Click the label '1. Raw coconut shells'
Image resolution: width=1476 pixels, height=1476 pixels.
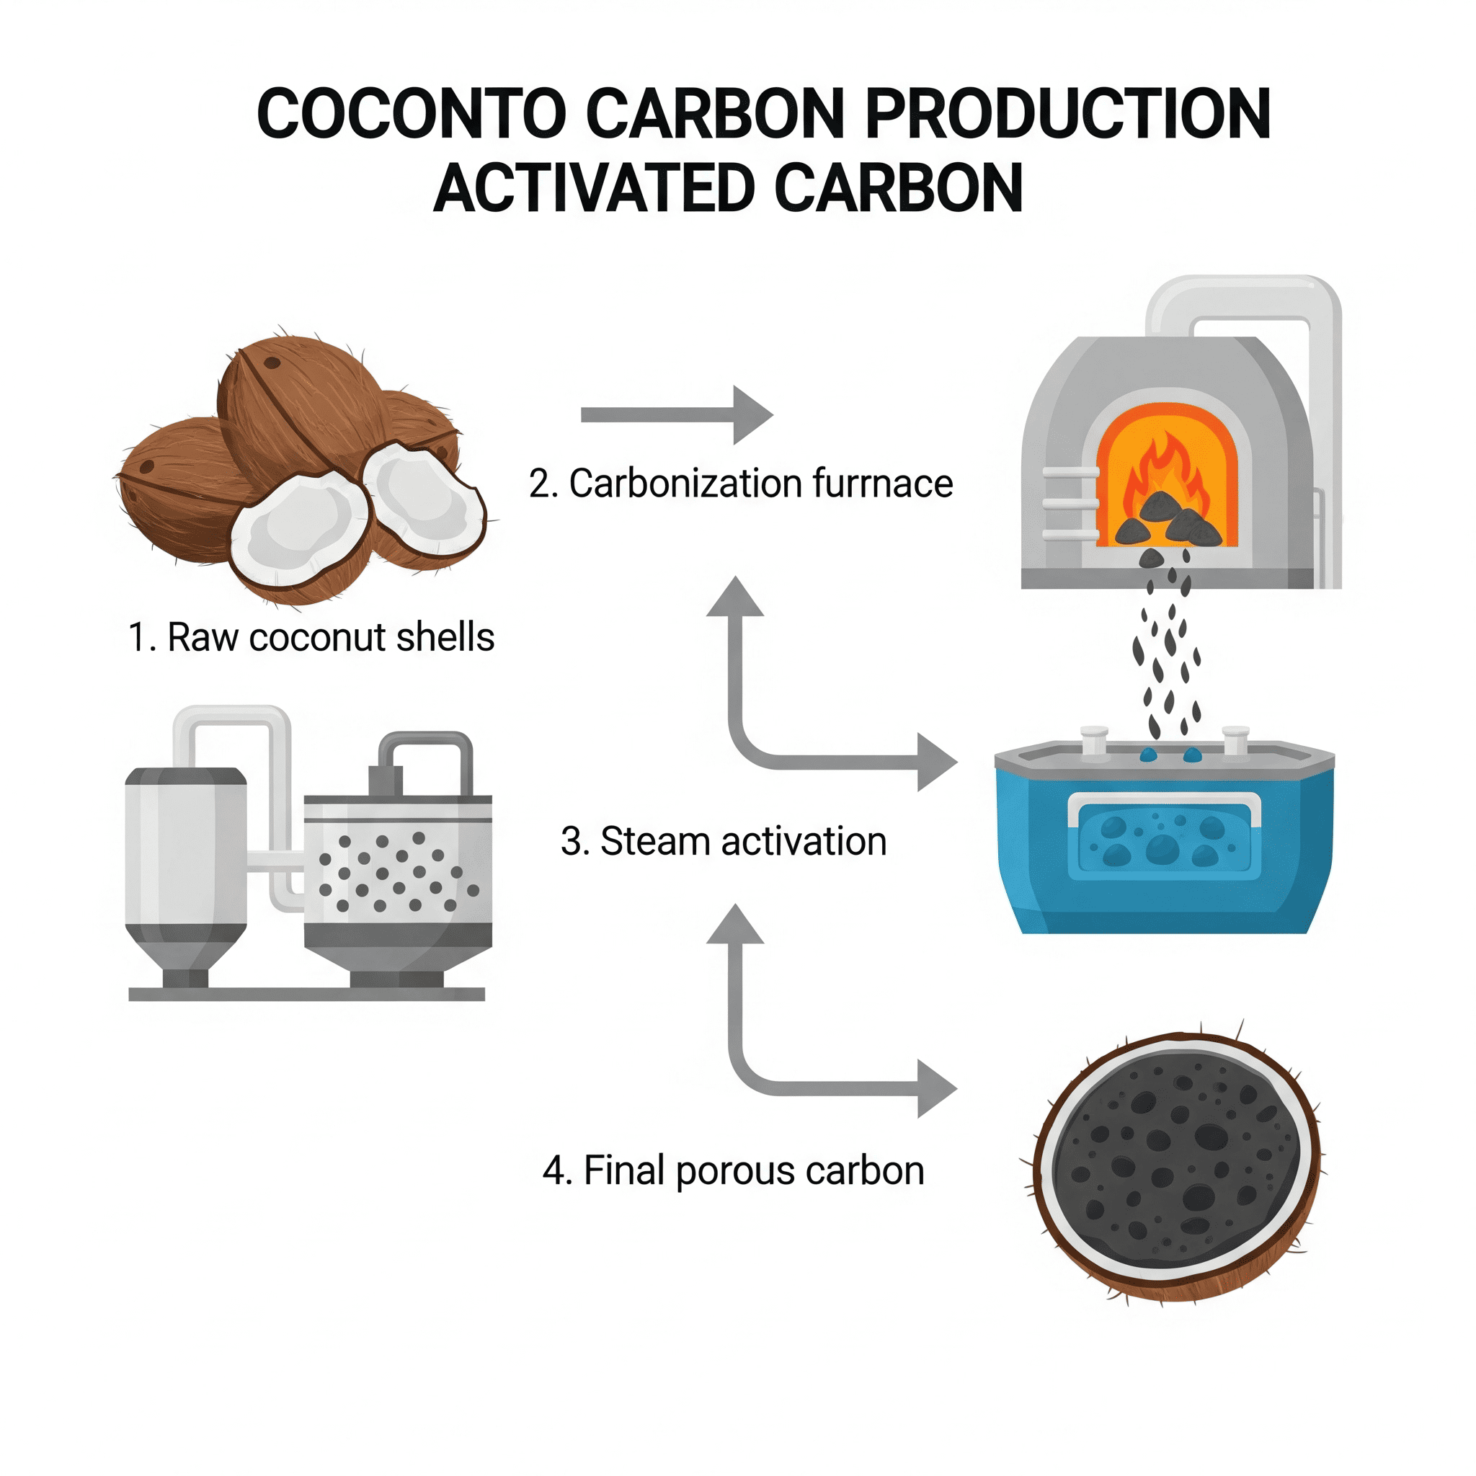pos(311,637)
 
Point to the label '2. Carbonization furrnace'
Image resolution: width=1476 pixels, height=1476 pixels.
pos(740,484)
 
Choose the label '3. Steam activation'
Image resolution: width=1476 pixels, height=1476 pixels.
pos(724,841)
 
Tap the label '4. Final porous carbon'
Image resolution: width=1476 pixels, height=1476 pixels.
pos(734,1170)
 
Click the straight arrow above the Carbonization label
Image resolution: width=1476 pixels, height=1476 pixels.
pos(677,415)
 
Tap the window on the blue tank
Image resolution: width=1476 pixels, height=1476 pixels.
pos(1163,837)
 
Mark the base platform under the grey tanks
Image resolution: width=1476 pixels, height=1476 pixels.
pos(306,994)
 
